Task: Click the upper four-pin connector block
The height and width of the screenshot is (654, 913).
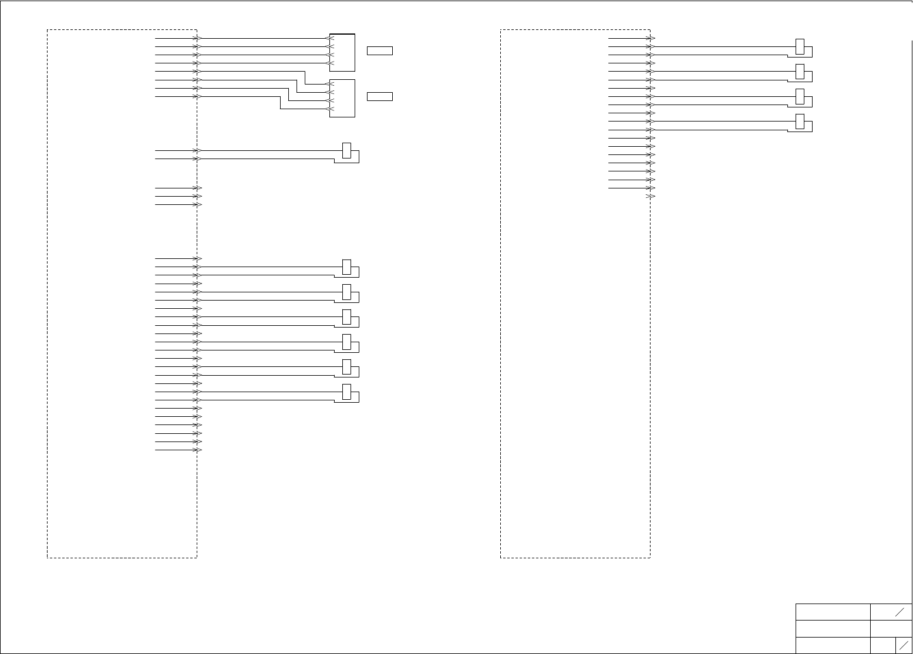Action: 342,52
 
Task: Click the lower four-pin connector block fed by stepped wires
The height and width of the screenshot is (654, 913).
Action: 342,98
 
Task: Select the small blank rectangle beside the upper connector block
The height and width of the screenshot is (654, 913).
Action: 380,50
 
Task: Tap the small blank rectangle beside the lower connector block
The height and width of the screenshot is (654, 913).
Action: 380,96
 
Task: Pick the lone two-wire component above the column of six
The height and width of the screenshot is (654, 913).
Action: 347,150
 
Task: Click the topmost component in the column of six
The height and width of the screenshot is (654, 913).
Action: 347,267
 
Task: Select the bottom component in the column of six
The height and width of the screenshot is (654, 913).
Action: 347,392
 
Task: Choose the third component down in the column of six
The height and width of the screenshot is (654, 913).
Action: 347,316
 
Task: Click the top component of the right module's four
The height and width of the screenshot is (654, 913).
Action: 800,46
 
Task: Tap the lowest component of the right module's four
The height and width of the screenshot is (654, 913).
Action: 800,122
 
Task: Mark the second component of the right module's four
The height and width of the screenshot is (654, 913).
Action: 800,71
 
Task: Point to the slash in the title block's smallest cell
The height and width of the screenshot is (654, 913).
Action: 904,645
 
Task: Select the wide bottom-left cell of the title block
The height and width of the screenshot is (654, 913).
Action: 833,645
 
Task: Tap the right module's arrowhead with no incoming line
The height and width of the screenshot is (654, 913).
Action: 651,197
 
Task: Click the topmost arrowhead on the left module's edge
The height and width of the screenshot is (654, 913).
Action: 198,38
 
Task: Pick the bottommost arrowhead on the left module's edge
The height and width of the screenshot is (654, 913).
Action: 198,450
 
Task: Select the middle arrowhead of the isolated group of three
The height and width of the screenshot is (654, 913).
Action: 198,197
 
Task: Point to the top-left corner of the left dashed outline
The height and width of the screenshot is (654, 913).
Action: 48,29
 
